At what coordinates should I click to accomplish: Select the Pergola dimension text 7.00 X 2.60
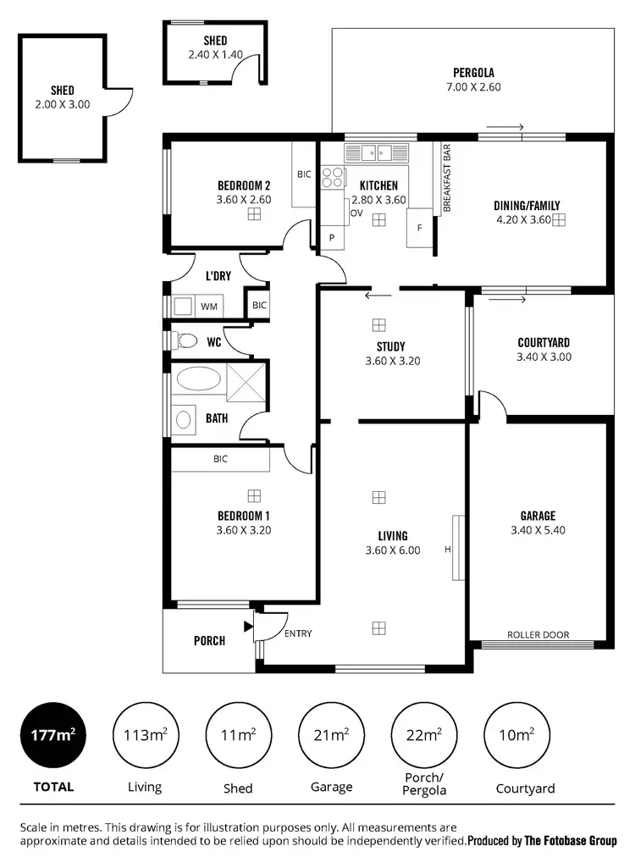pyautogui.click(x=472, y=87)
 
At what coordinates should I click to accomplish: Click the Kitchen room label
pyautogui.click(x=378, y=185)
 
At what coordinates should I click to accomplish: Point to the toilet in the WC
pyautogui.click(x=185, y=341)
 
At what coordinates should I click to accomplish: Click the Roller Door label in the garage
pyautogui.click(x=538, y=634)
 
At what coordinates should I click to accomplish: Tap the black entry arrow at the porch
pyautogui.click(x=248, y=627)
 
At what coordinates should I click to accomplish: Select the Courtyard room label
pyautogui.click(x=543, y=342)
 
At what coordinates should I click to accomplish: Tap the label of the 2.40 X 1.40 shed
pyautogui.click(x=215, y=41)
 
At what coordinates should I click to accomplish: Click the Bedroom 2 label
pyautogui.click(x=244, y=186)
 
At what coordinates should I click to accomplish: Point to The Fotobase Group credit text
pyautogui.click(x=572, y=841)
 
